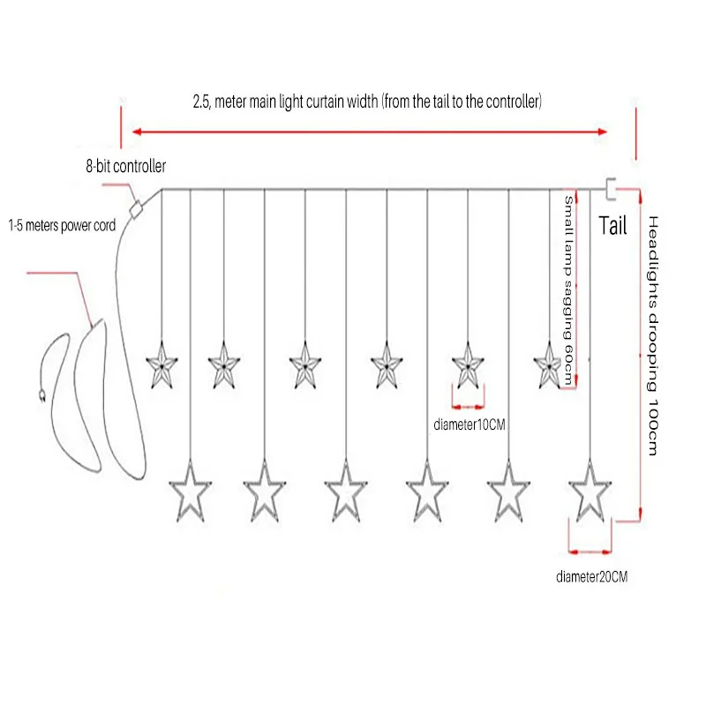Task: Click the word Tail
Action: coord(612,226)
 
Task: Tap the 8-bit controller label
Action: coord(126,166)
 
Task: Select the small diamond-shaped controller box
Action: coord(136,209)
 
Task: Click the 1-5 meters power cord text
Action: coord(62,225)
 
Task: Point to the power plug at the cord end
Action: coord(41,394)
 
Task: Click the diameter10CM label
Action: coord(469,424)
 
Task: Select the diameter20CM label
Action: coord(591,577)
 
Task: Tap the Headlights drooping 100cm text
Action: coord(653,335)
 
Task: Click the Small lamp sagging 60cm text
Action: coord(568,290)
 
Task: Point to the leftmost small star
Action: coord(161,365)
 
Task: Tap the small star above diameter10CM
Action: coord(468,365)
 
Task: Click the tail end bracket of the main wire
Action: coord(610,189)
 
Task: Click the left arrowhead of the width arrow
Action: coord(137,131)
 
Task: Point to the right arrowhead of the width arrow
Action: coord(603,131)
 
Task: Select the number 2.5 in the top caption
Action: coord(201,102)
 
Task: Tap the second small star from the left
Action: coord(224,365)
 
